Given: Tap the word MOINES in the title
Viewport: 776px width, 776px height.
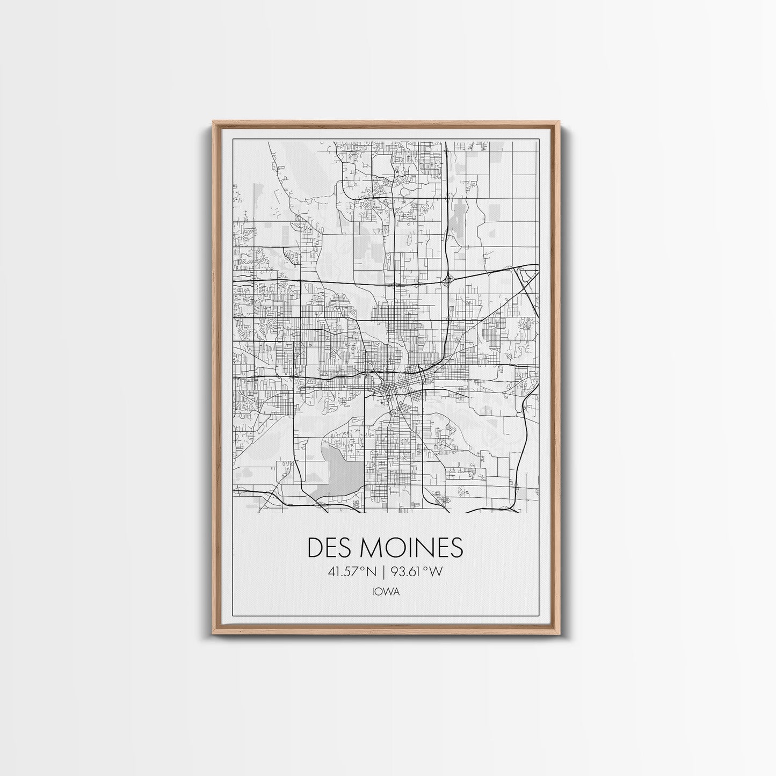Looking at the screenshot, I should tap(411, 547).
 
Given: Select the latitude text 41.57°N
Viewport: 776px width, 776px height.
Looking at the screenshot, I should tap(354, 571).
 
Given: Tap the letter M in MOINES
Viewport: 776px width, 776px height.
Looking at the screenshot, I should tap(371, 547).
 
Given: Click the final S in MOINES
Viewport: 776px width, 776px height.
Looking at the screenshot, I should tap(456, 547).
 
